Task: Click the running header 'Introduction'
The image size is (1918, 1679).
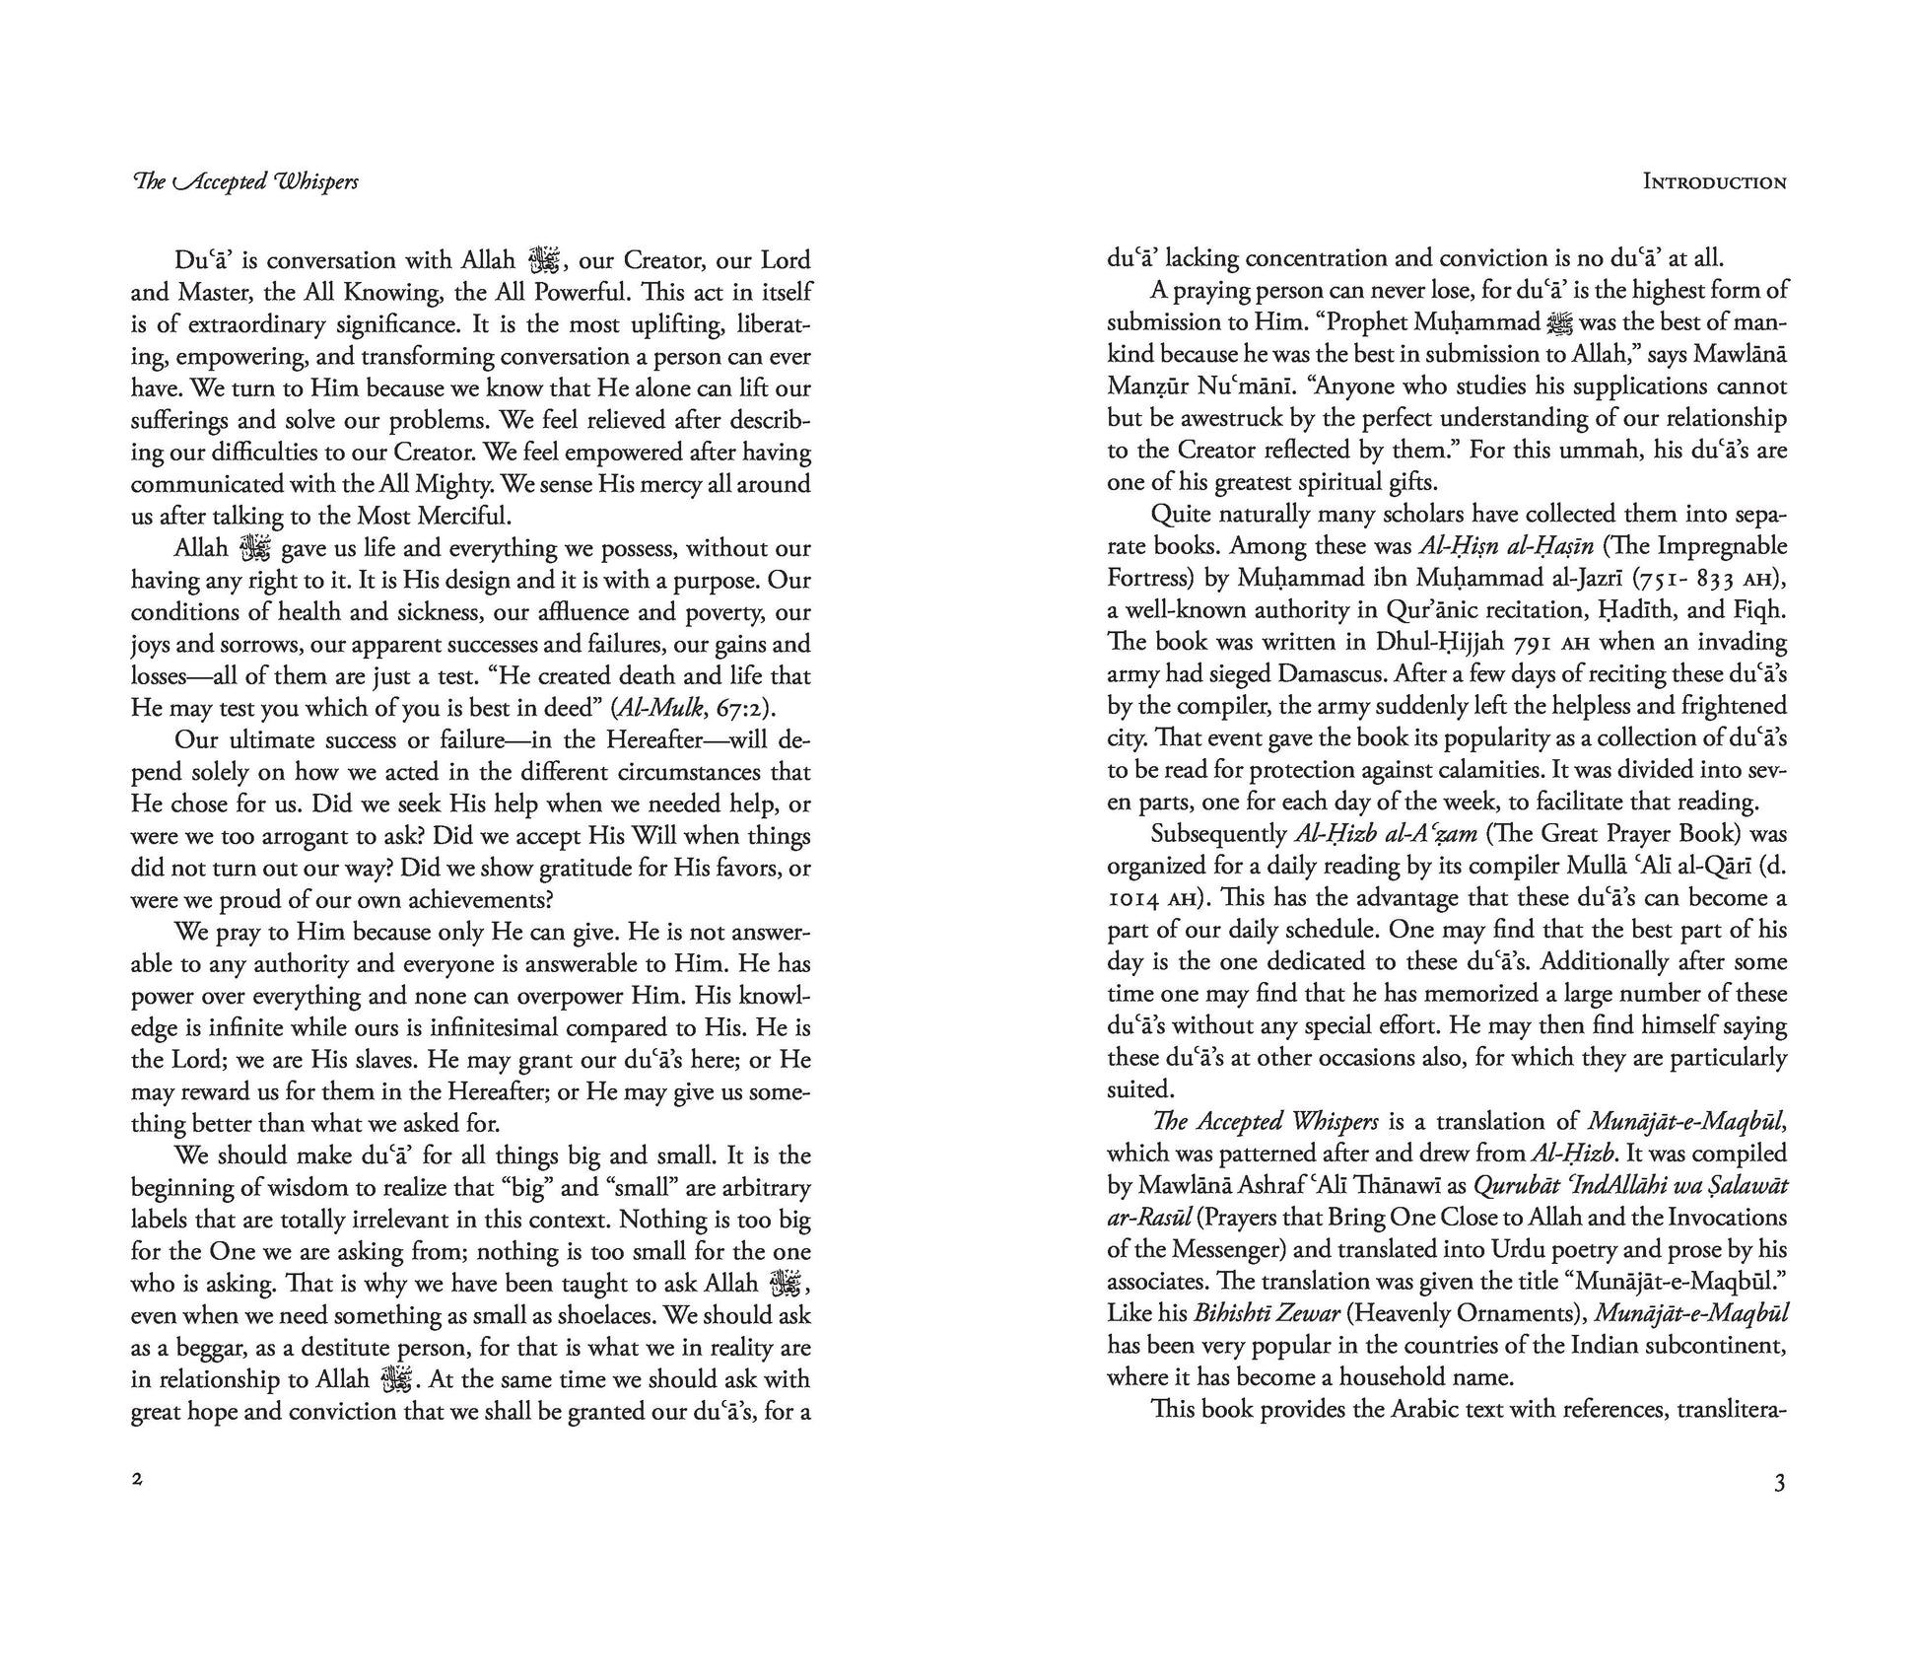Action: (x=1714, y=182)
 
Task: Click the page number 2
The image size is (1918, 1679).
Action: (x=137, y=1480)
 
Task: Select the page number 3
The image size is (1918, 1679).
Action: (x=1779, y=1483)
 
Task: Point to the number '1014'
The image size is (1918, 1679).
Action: (x=1133, y=899)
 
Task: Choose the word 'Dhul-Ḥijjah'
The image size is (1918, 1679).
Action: (x=1446, y=643)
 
